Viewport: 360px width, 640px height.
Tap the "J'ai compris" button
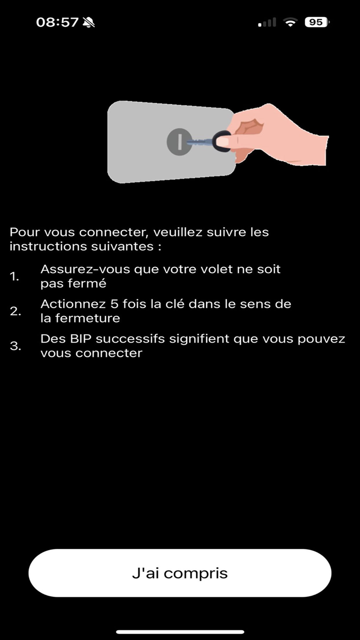coord(179,573)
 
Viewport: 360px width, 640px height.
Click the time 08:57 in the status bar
coord(57,22)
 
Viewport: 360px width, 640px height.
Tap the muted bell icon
coord(89,22)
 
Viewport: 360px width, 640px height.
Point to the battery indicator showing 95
coord(317,22)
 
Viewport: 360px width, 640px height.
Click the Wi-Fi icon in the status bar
coord(292,22)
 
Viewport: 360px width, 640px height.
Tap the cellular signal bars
coord(267,22)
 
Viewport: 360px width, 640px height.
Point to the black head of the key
coord(222,141)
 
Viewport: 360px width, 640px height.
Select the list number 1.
coord(14,276)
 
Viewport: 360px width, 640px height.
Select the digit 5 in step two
coord(115,305)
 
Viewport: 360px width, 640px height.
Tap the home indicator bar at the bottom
coord(179,632)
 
